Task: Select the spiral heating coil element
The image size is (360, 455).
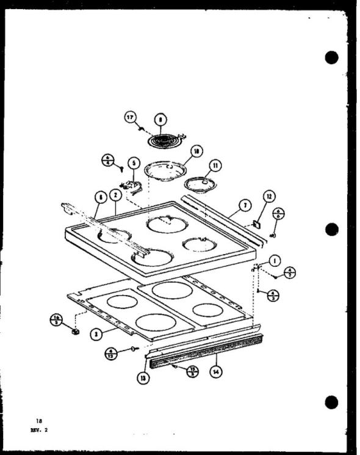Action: point(160,140)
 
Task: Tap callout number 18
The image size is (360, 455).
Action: point(196,151)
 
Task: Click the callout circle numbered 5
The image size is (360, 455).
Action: point(134,164)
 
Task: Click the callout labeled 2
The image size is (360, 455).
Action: point(114,196)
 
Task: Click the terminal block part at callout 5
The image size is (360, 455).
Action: point(130,183)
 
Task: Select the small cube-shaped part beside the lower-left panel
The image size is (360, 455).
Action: point(76,331)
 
